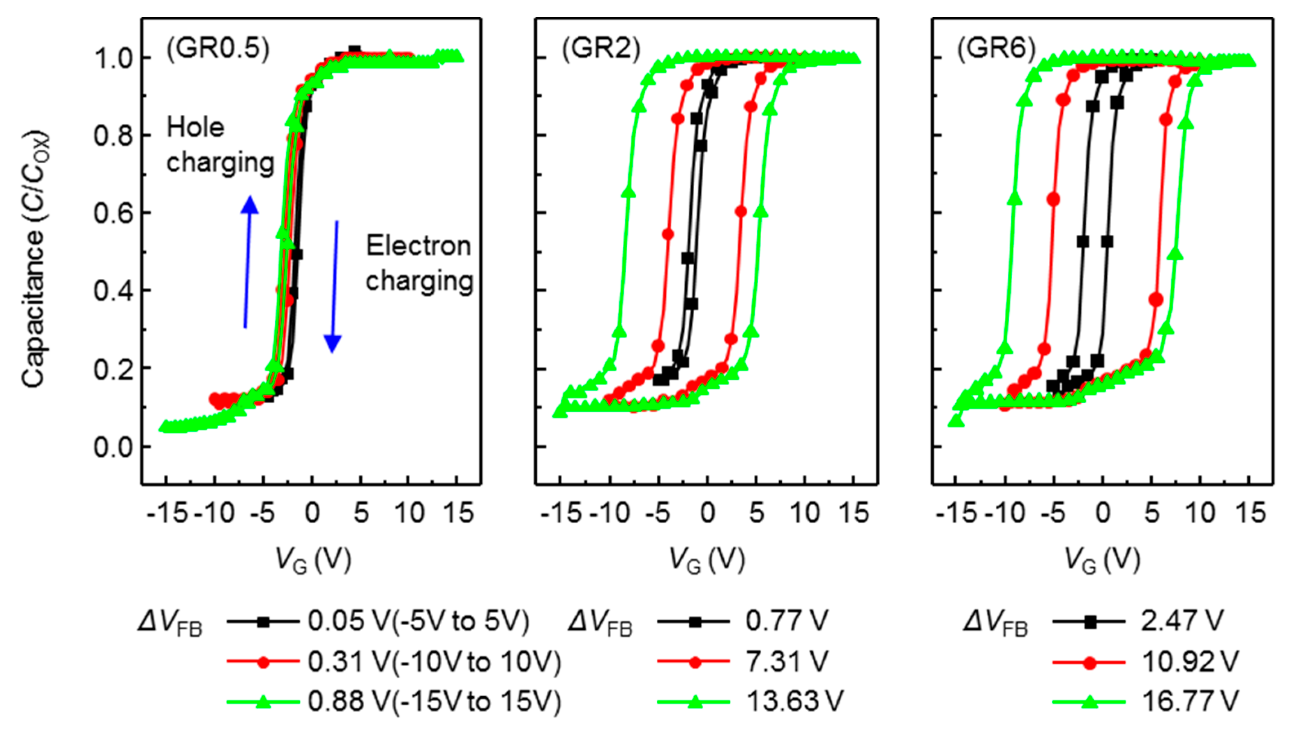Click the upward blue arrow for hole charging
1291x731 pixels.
(248, 261)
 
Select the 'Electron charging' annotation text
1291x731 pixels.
(419, 264)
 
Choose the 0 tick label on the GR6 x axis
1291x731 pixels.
(1103, 513)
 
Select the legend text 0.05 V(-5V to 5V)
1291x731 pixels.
(419, 622)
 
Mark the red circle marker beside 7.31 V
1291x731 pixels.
(695, 662)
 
